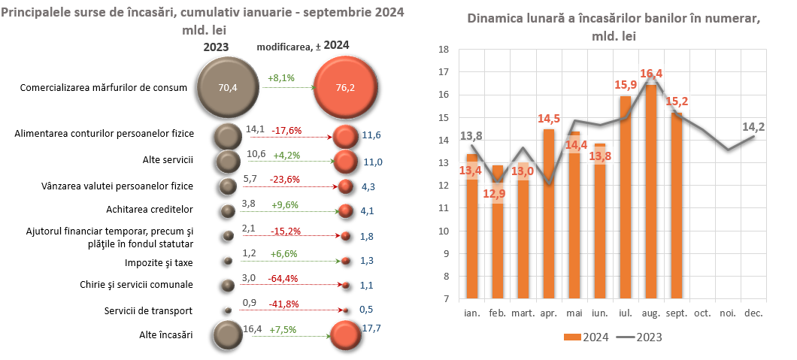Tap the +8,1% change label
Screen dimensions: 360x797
pos(280,77)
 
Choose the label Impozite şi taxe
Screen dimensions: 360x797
pos(159,263)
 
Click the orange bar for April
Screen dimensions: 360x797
pos(549,214)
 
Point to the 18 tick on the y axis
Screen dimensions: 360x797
pos(444,50)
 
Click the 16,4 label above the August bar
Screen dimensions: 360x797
pos(651,74)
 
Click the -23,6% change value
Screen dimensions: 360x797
pos(286,180)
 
